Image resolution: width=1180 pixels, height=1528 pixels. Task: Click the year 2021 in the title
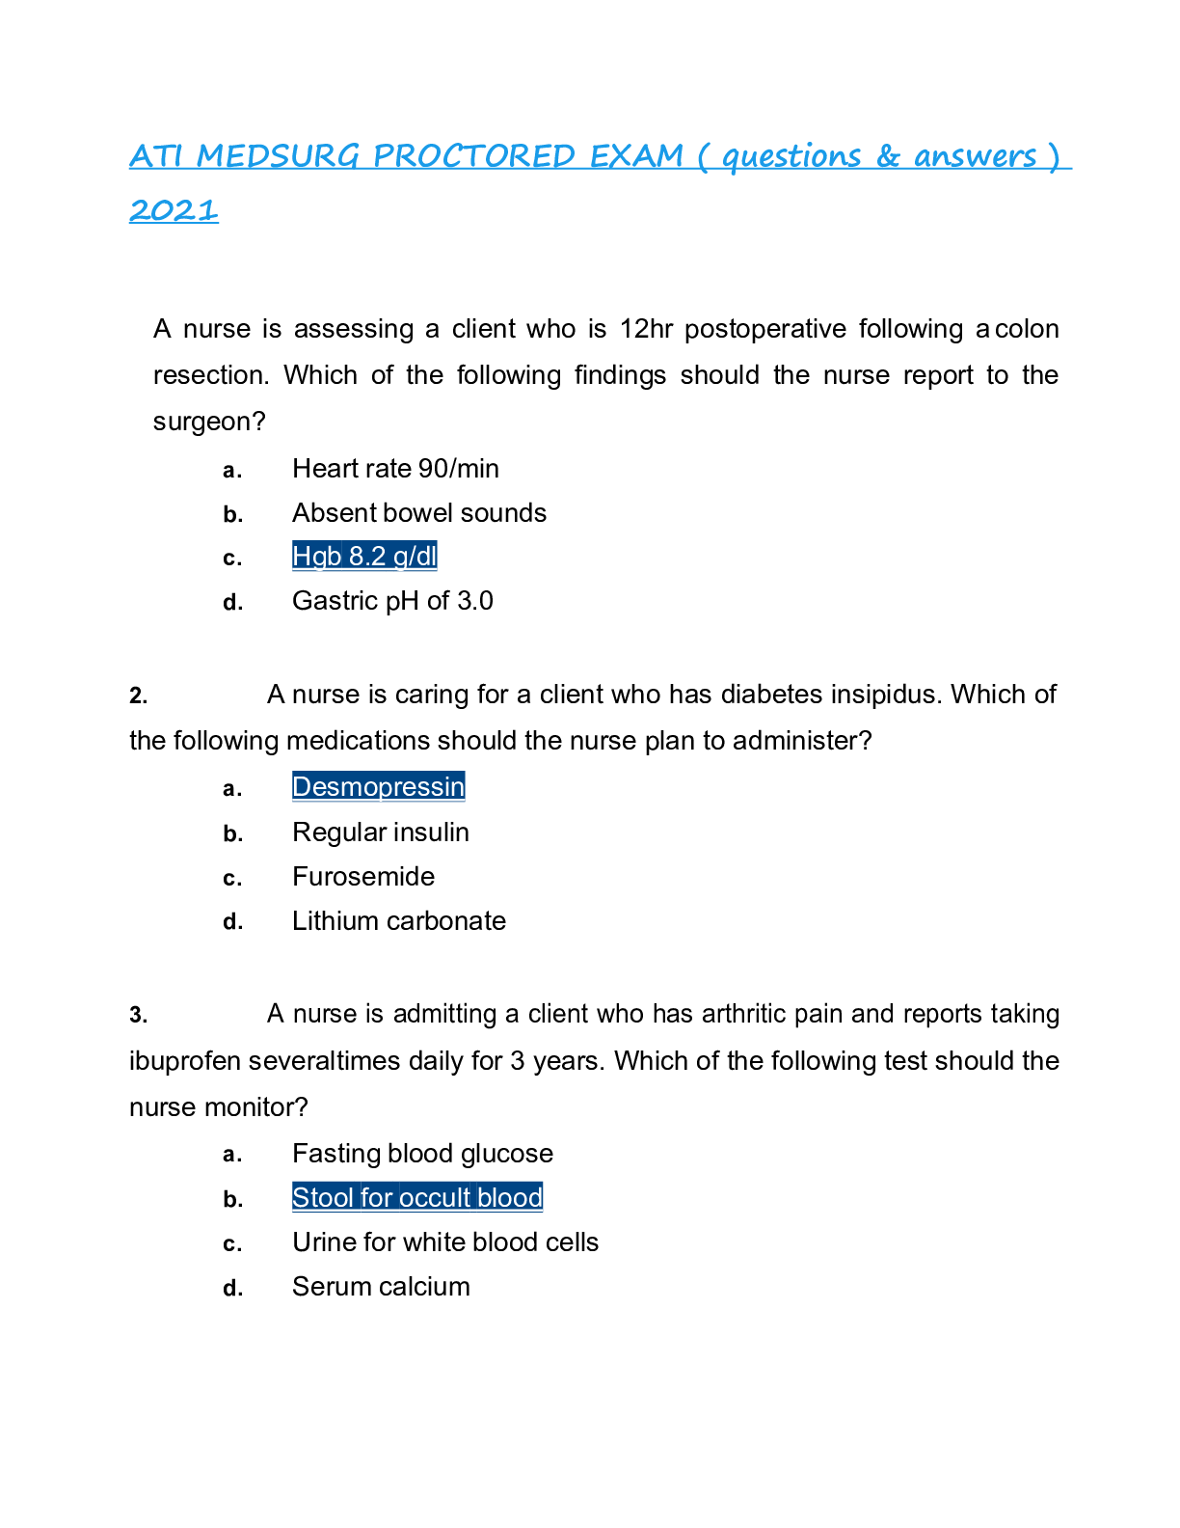pyautogui.click(x=174, y=209)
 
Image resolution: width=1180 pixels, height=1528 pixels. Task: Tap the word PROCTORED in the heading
pyautogui.click(x=474, y=155)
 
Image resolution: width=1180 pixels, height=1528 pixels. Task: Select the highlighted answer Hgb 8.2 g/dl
pyautogui.click(x=364, y=557)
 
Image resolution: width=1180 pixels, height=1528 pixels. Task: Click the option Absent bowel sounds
pyautogui.click(x=418, y=512)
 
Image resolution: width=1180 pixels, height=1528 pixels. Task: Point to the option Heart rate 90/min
pyautogui.click(x=395, y=468)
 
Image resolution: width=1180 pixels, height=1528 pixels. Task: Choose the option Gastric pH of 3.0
pyautogui.click(x=392, y=601)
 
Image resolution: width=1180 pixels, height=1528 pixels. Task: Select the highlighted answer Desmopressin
pyautogui.click(x=378, y=786)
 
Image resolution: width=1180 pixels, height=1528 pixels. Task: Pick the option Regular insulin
pyautogui.click(x=380, y=832)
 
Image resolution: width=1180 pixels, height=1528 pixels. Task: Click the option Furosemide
pyautogui.click(x=363, y=876)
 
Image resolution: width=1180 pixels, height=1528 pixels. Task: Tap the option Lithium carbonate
pyautogui.click(x=398, y=920)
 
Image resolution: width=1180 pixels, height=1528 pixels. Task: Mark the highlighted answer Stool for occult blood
pyautogui.click(x=417, y=1197)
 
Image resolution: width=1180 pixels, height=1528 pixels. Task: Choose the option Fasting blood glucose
pyautogui.click(x=422, y=1154)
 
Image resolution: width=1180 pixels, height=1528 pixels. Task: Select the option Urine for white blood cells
pyautogui.click(x=444, y=1241)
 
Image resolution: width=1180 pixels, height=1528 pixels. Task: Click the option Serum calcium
pyautogui.click(x=381, y=1286)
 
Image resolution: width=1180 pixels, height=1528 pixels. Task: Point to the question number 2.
pyautogui.click(x=139, y=696)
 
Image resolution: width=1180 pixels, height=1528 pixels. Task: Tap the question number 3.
pyautogui.click(x=139, y=1015)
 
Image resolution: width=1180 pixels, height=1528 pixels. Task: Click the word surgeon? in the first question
pyautogui.click(x=209, y=422)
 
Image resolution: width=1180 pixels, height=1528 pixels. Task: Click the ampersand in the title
pyautogui.click(x=888, y=156)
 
